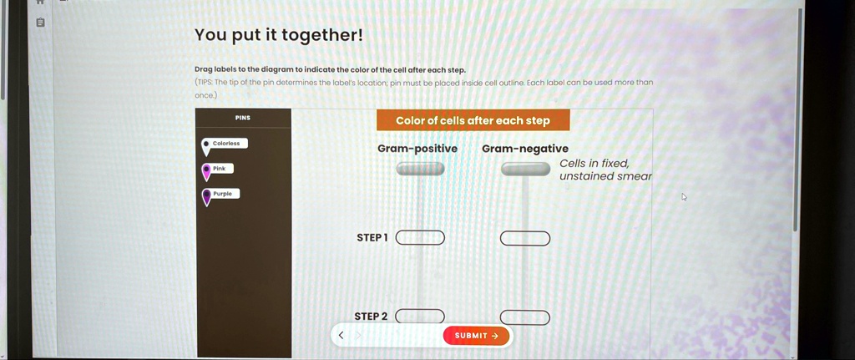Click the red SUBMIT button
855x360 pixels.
click(476, 336)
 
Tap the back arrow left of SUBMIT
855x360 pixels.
click(340, 336)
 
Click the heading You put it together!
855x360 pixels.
click(279, 35)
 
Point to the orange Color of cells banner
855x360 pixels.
click(473, 120)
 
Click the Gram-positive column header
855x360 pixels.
click(417, 149)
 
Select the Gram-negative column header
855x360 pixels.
click(525, 149)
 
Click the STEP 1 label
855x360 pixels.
click(372, 238)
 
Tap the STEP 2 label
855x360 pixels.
click(372, 317)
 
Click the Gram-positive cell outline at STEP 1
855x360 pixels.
click(420, 238)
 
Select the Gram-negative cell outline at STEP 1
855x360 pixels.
click(525, 239)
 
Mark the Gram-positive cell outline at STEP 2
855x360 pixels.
click(420, 316)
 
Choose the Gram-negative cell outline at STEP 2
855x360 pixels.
click(525, 317)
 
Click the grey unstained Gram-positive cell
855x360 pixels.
click(420, 169)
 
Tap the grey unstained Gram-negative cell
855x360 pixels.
click(525, 170)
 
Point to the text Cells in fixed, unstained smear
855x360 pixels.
click(605, 170)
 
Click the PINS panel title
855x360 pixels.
click(243, 119)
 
